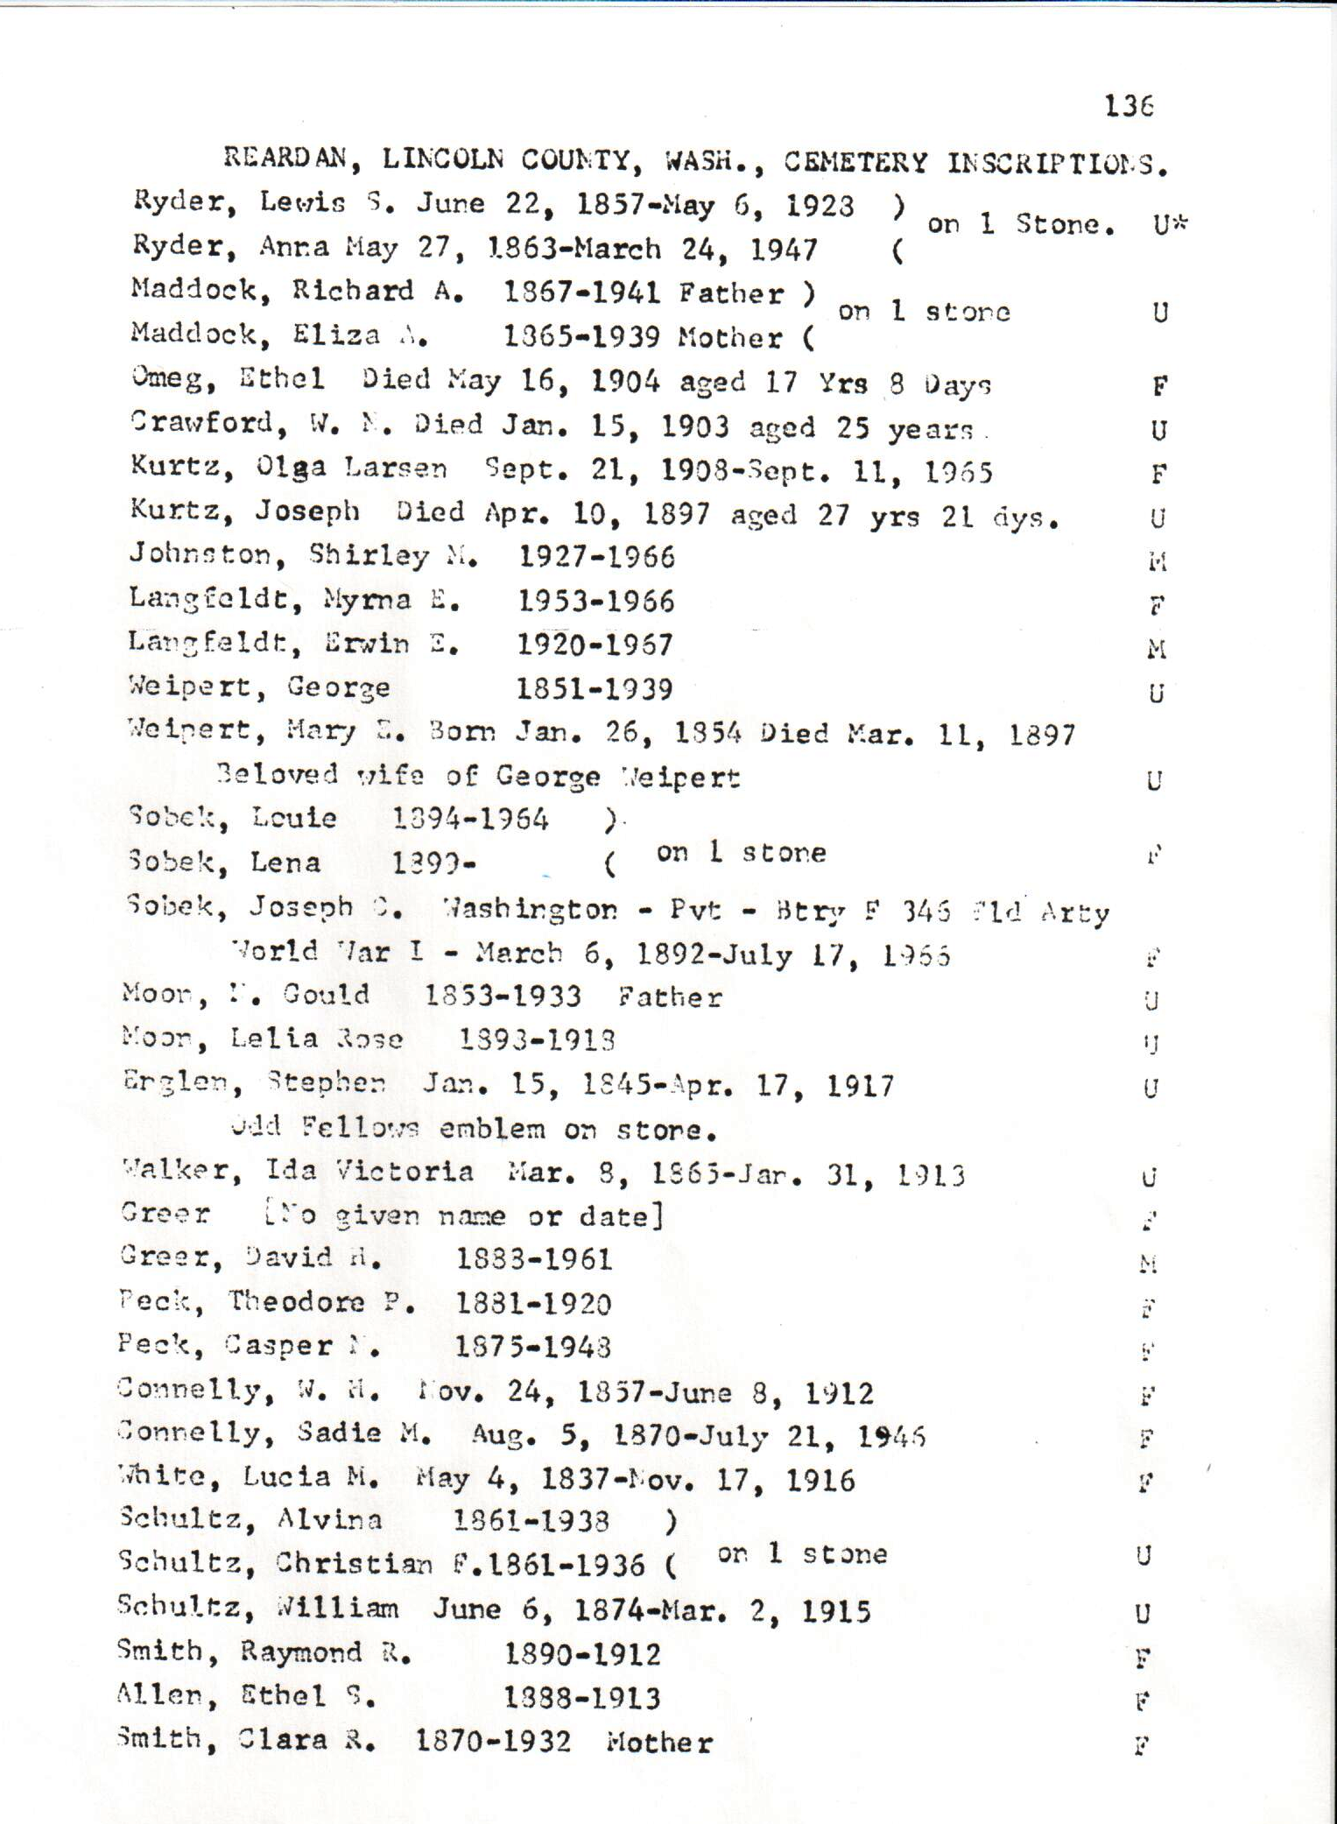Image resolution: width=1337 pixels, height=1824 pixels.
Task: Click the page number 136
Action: (x=1129, y=106)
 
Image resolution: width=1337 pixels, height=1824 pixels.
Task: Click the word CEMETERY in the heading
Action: (x=855, y=162)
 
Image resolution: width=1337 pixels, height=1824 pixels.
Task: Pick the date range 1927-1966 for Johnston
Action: (x=596, y=557)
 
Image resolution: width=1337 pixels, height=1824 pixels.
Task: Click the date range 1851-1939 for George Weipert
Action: (x=595, y=689)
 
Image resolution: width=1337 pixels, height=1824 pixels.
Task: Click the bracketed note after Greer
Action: (x=463, y=1215)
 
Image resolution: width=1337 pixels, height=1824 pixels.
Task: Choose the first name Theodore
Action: (x=297, y=1302)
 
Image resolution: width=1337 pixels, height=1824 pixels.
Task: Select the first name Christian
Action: (x=354, y=1564)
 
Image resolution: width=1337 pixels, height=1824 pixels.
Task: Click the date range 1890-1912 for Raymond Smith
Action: (x=582, y=1654)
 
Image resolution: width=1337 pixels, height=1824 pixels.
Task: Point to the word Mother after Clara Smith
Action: (x=659, y=1743)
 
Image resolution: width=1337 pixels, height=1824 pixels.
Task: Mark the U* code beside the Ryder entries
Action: (x=1169, y=225)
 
